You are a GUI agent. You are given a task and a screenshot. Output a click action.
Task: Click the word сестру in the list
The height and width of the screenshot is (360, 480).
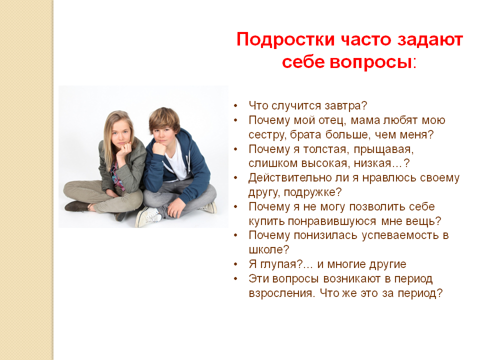point(267,135)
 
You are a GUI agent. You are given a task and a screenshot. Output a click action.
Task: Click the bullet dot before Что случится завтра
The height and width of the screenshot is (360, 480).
point(235,106)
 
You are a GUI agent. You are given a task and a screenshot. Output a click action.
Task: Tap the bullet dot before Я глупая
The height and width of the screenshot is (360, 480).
point(235,264)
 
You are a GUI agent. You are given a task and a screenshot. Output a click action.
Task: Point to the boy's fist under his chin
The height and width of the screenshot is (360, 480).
point(159,148)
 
